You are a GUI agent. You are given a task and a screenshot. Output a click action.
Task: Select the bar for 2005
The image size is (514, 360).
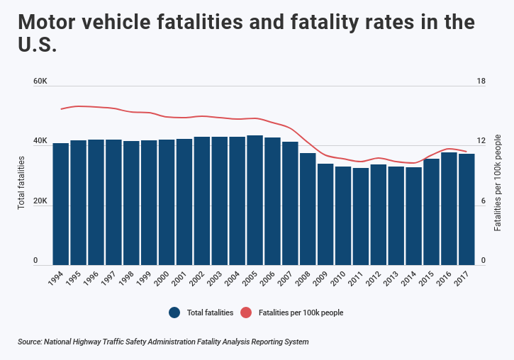coord(255,199)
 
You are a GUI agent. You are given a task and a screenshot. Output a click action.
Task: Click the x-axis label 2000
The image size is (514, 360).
coord(162,277)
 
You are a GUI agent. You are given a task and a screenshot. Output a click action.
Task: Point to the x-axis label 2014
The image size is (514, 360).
coord(409,277)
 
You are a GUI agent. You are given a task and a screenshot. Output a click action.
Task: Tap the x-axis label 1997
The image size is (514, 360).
coord(109,277)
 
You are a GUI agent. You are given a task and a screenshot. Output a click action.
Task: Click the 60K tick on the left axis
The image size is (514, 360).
coord(40,81)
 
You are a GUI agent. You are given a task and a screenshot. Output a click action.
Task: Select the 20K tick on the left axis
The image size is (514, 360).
coord(40,201)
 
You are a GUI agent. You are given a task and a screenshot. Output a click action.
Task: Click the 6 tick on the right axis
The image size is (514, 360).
coord(483,201)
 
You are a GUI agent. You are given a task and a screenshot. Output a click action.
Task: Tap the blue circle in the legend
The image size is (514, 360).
coord(174,313)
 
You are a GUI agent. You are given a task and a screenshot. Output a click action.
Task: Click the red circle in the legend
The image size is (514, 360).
coord(247,313)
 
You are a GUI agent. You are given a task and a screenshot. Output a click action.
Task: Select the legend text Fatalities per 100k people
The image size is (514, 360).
coord(301,313)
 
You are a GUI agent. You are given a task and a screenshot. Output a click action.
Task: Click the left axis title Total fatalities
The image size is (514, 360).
coord(21,183)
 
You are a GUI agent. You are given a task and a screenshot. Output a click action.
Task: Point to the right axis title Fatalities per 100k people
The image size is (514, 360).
coord(498,183)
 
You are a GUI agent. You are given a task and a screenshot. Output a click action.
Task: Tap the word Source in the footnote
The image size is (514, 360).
coord(30,342)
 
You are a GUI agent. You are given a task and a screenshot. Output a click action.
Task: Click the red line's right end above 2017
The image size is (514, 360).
coord(466,151)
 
